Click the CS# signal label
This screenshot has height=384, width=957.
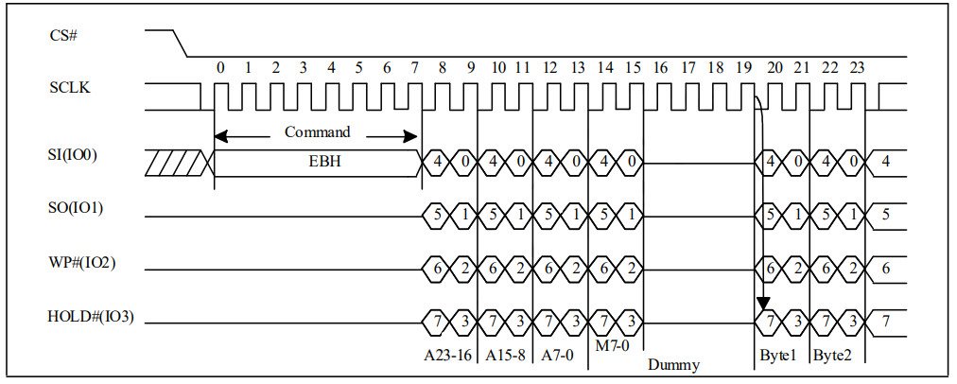62,35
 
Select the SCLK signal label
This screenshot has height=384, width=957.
70,88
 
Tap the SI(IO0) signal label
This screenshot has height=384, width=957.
73,155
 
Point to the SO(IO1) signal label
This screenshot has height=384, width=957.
76,208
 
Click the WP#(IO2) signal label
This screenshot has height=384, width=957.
81,263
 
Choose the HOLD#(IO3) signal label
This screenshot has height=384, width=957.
91,317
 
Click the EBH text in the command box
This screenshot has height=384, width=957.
318,163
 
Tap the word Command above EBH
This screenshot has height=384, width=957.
318,131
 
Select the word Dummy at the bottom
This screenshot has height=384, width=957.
673,365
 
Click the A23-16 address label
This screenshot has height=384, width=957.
448,356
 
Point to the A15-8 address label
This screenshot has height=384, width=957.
505,356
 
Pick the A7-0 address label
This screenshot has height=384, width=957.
557,356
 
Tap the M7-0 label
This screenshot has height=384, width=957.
612,345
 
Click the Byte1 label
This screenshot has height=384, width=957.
778,356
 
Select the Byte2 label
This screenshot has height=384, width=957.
832,356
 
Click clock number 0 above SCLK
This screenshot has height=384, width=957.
220,68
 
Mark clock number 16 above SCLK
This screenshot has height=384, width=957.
660,68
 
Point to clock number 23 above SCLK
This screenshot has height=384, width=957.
857,68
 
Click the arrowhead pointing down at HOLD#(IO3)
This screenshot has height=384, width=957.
763,304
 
